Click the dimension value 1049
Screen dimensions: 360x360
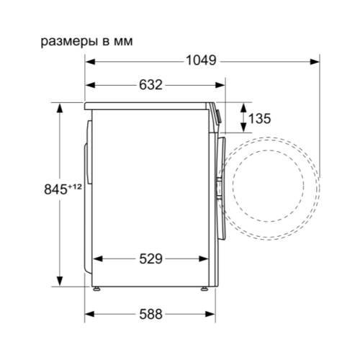pyautogui.click(x=201, y=60)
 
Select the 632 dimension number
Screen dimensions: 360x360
pyautogui.click(x=150, y=85)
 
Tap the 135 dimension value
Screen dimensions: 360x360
pyautogui.click(x=259, y=119)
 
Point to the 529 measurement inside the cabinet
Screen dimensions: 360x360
pyautogui.click(x=150, y=258)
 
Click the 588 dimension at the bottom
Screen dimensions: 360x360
pyautogui.click(x=150, y=314)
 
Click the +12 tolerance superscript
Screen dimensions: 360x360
pyautogui.click(x=75, y=186)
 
